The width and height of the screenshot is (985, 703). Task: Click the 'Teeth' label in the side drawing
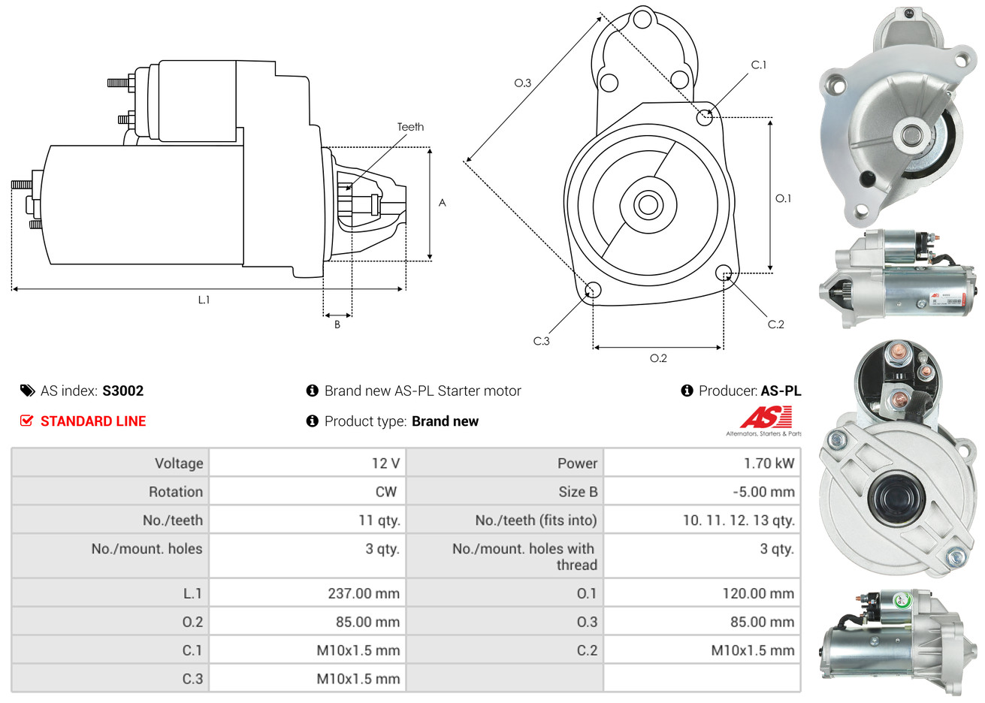[x=410, y=127]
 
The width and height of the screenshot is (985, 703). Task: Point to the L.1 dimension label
[x=204, y=300]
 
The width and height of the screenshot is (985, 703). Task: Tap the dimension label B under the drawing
[x=337, y=324]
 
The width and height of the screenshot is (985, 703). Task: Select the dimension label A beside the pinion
[x=442, y=203]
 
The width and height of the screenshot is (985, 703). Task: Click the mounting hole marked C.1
[x=705, y=117]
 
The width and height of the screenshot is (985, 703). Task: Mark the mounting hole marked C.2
[x=724, y=272]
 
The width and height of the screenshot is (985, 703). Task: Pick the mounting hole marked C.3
[x=593, y=290]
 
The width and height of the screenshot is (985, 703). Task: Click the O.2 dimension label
[x=658, y=358]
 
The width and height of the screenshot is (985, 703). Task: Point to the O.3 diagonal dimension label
[x=522, y=83]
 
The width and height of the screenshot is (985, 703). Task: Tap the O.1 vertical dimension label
[x=783, y=198]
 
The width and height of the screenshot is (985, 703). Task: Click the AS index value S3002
[x=122, y=391]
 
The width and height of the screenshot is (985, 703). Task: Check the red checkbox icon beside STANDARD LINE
[x=26, y=421]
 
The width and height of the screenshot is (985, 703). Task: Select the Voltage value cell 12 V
[x=385, y=463]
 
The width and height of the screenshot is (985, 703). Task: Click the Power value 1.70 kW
[x=769, y=463]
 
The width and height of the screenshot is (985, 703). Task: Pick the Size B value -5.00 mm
[x=763, y=491]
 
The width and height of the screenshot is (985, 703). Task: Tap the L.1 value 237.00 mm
[x=364, y=593]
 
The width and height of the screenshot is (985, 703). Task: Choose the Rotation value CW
[x=385, y=491]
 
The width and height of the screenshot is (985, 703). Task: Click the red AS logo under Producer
[x=765, y=417]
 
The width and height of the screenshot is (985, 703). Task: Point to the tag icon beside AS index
[x=27, y=391]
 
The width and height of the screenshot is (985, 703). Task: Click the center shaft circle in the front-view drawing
[x=646, y=204]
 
